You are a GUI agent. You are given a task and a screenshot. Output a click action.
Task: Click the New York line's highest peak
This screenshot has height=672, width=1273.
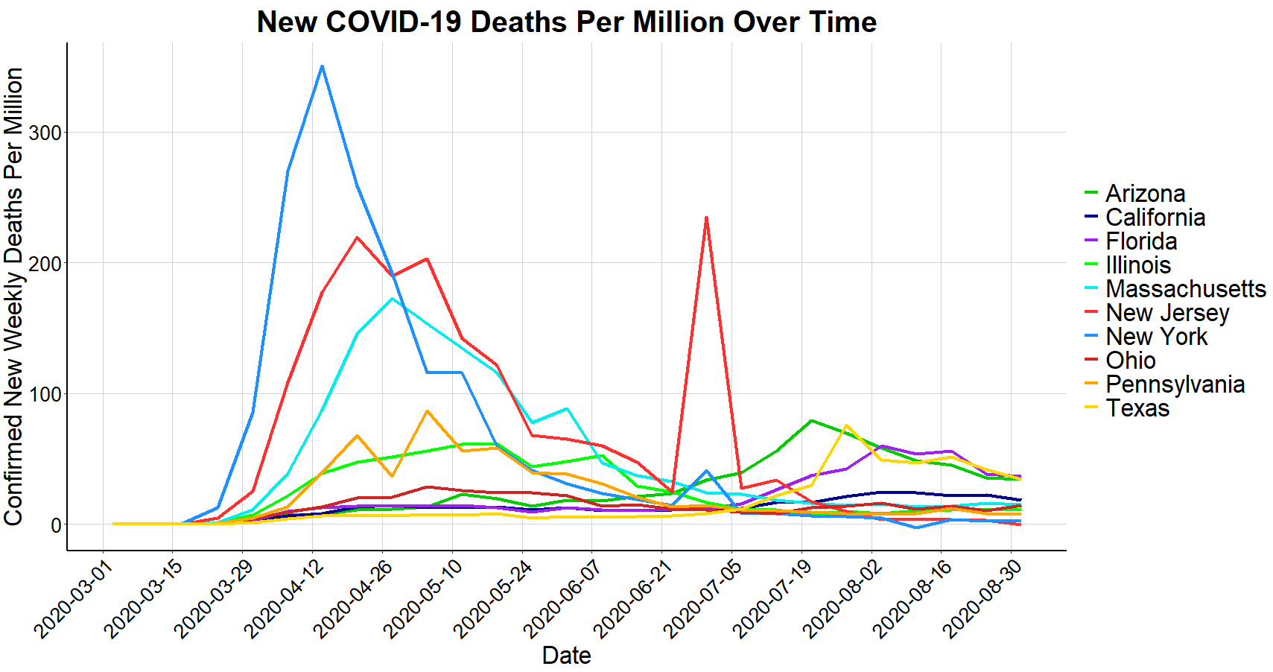(x=322, y=66)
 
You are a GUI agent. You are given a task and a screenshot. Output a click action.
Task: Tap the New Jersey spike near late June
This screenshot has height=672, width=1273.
(x=706, y=218)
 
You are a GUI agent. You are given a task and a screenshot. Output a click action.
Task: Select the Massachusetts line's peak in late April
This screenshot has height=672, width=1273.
(x=392, y=299)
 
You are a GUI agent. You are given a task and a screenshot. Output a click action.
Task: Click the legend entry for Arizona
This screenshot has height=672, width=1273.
(x=1145, y=194)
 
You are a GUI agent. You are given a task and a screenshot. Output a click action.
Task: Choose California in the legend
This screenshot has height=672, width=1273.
(x=1155, y=218)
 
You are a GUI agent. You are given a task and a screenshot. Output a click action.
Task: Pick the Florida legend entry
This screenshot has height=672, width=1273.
(x=1141, y=241)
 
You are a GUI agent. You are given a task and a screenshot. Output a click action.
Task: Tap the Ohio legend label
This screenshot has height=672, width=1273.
(x=1130, y=361)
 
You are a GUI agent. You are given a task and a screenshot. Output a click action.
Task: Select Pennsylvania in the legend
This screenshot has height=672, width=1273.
(x=1175, y=384)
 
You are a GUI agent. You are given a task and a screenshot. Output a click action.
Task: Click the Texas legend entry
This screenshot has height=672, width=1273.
(x=1137, y=408)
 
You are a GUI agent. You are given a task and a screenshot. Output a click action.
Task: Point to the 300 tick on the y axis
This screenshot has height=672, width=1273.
(x=45, y=133)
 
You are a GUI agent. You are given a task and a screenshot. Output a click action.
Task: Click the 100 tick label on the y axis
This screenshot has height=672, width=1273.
(x=45, y=394)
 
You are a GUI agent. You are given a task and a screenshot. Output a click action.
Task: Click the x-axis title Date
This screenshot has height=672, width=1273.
(x=566, y=656)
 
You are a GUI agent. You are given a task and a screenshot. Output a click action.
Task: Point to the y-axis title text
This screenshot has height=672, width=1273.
(x=14, y=297)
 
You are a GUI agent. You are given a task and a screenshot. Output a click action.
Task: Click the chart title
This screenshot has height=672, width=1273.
(x=566, y=22)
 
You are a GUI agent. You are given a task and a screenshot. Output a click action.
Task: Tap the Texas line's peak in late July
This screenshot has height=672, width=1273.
(x=846, y=425)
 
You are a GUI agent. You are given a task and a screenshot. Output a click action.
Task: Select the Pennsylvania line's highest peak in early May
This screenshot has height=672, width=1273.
(x=427, y=411)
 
